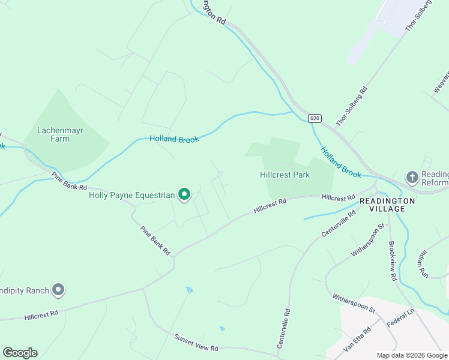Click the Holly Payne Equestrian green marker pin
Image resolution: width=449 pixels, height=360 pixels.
tap(185, 194)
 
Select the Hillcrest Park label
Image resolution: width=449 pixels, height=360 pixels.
tap(285, 175)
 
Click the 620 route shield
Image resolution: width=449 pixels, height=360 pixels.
tap(315, 118)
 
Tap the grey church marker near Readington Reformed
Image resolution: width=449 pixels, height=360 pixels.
tap(412, 177)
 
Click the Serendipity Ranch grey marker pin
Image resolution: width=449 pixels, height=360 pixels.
tap(58, 290)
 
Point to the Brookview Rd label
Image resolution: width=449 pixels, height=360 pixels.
tap(393, 260)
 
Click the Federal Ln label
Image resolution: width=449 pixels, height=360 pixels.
tap(400, 318)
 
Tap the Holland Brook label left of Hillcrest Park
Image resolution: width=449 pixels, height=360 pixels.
tap(174, 139)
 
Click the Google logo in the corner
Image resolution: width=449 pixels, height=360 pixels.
tap(20, 353)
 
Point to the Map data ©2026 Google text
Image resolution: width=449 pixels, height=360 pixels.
tap(412, 355)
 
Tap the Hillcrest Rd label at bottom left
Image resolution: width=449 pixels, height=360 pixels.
tap(41, 314)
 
